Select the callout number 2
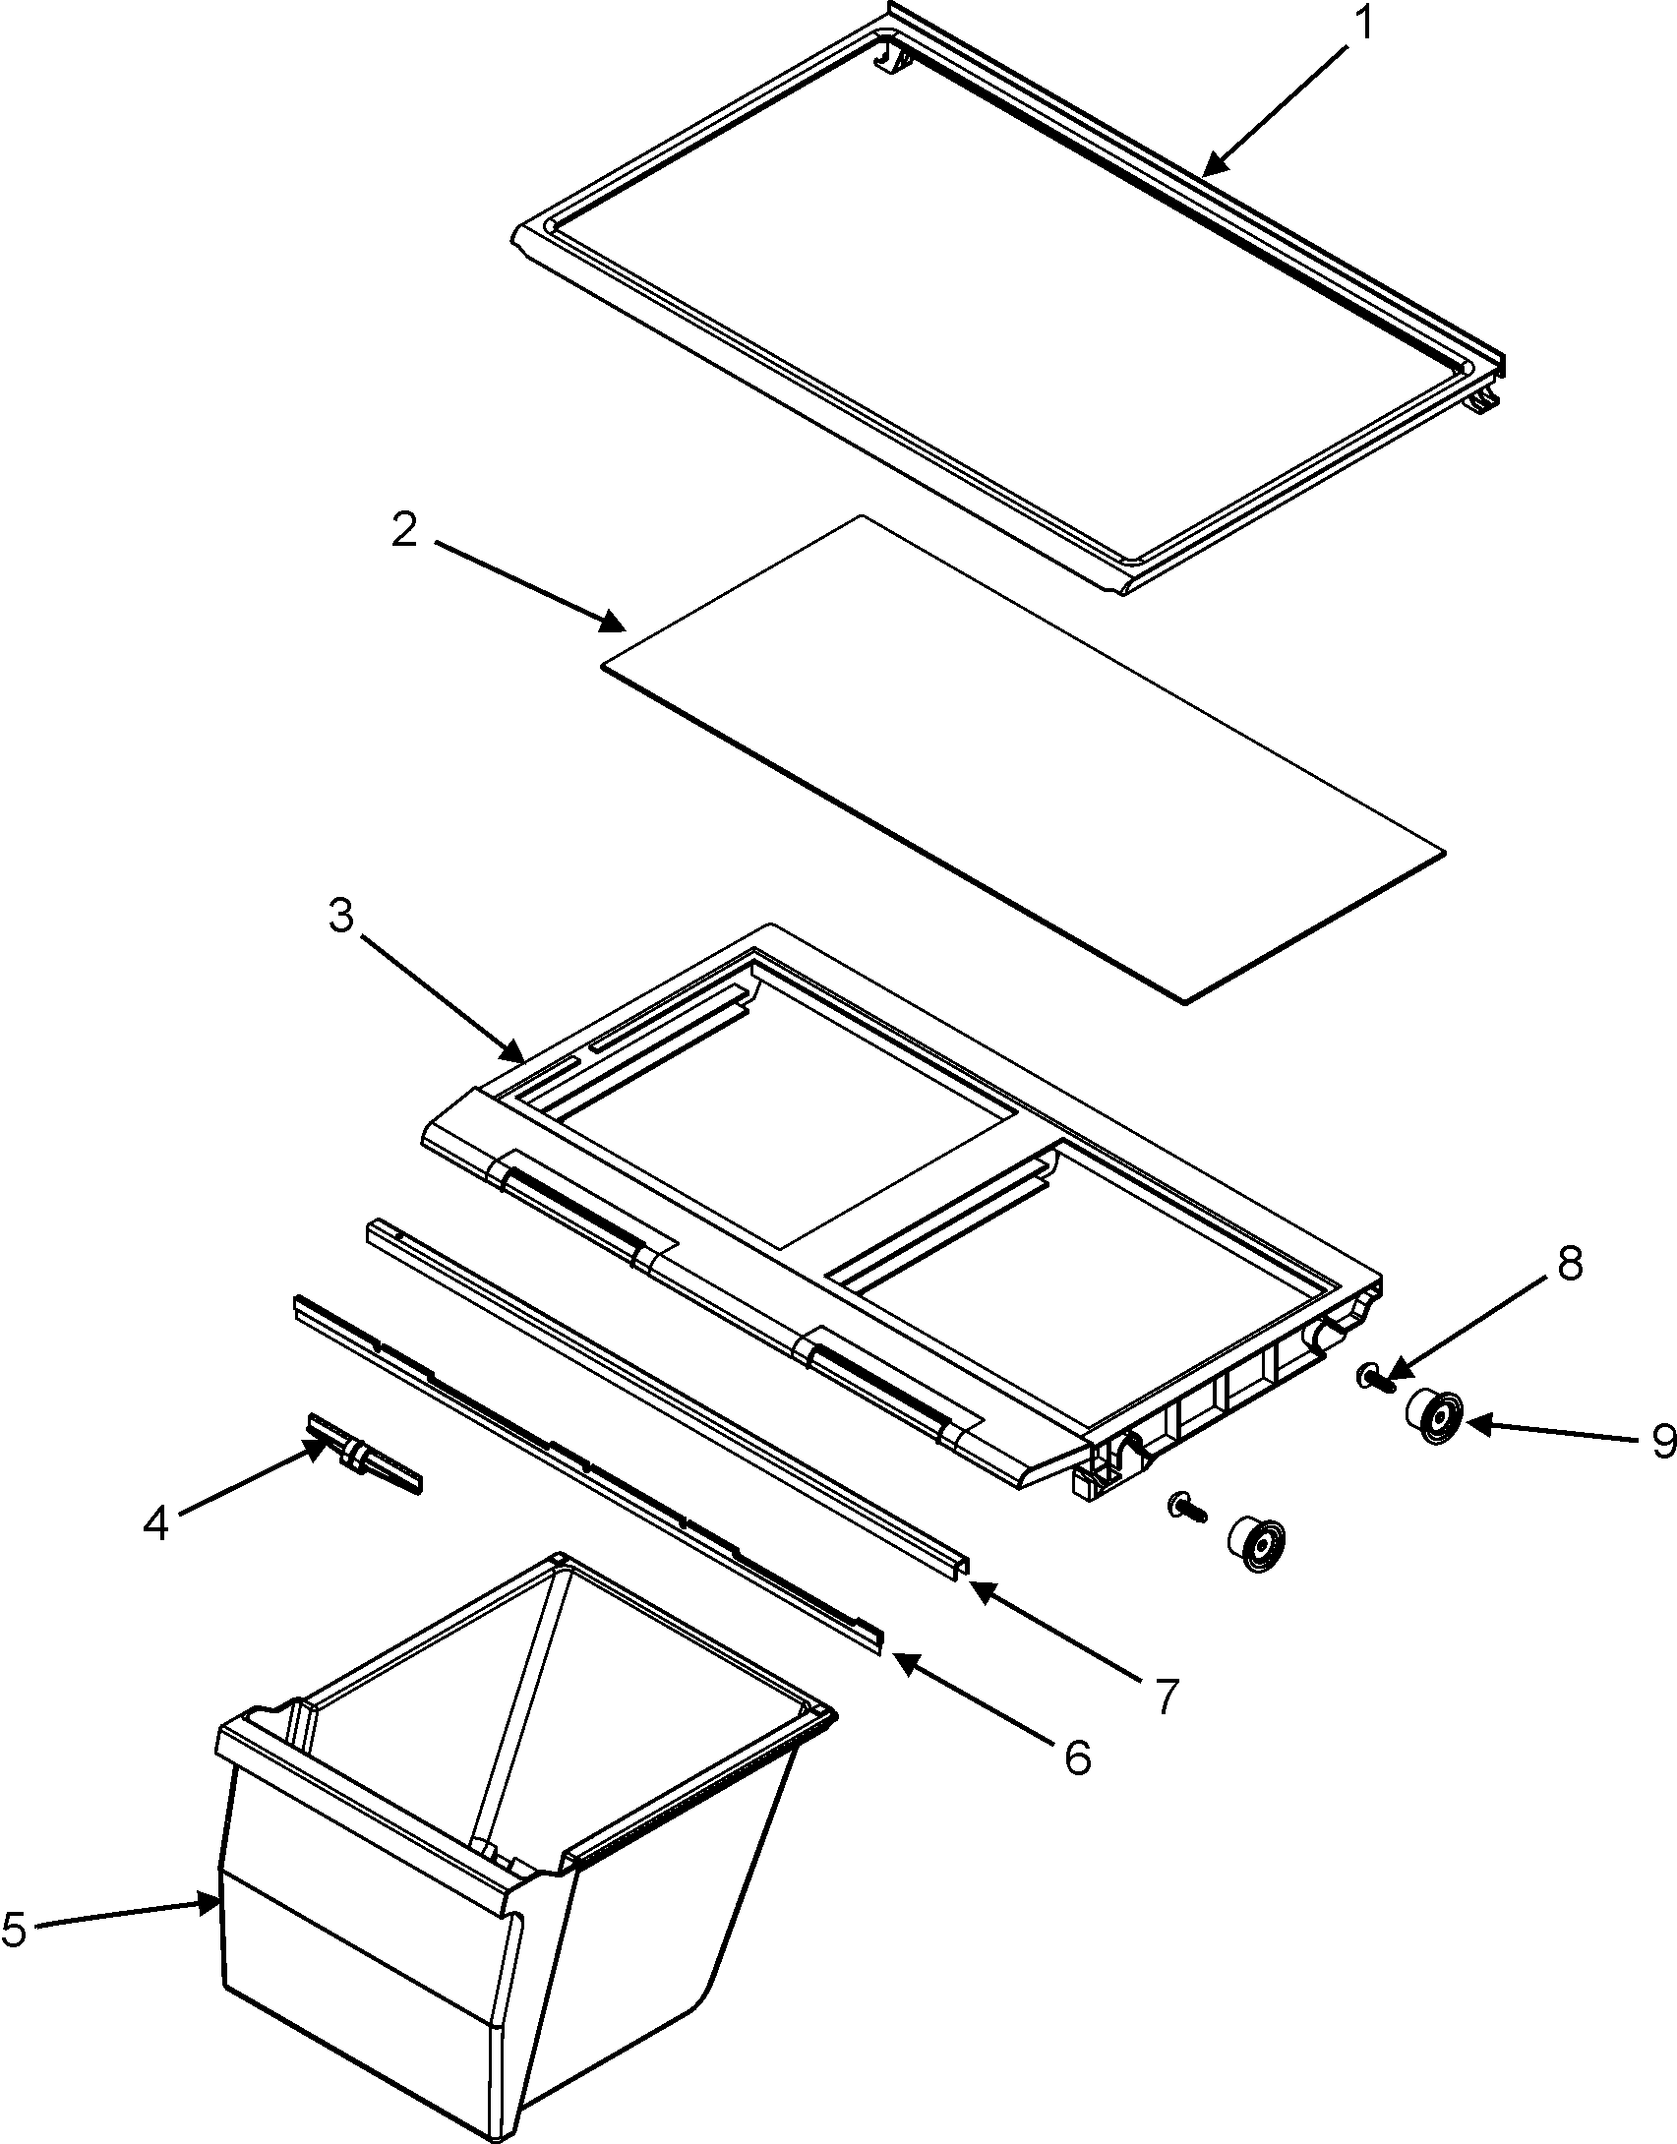coord(404,532)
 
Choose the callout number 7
coord(1164,1695)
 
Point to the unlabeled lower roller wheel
coord(1257,1544)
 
